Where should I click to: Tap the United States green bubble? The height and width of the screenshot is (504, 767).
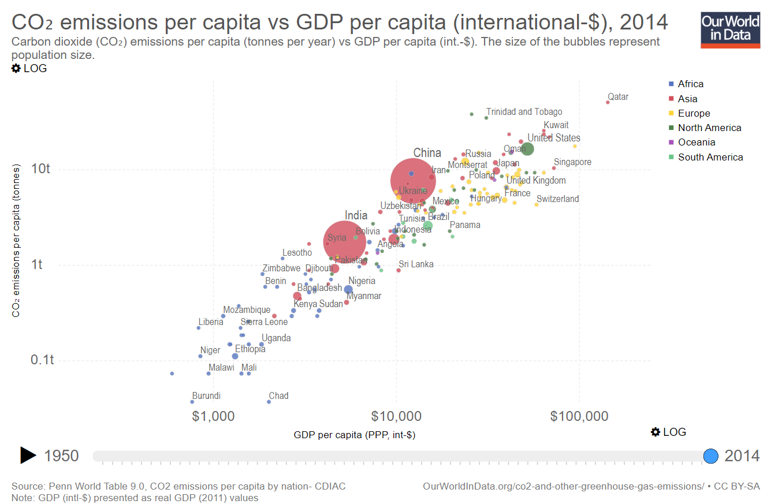tap(527, 149)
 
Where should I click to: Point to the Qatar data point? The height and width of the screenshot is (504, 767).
tap(608, 102)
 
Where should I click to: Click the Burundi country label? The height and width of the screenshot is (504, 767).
tap(206, 396)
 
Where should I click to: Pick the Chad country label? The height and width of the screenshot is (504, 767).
tap(278, 396)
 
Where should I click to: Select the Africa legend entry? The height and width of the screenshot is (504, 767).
tap(690, 84)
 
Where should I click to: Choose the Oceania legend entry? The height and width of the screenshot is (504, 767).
tap(696, 142)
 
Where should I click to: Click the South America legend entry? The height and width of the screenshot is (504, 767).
tap(710, 157)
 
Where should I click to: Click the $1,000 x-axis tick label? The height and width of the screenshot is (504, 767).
tap(214, 416)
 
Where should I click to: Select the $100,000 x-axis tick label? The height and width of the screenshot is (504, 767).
tap(579, 416)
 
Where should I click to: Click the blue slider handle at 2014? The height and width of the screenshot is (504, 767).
tap(711, 456)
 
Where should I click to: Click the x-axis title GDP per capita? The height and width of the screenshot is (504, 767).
tap(354, 435)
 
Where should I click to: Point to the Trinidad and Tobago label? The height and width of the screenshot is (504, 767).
tap(524, 112)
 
